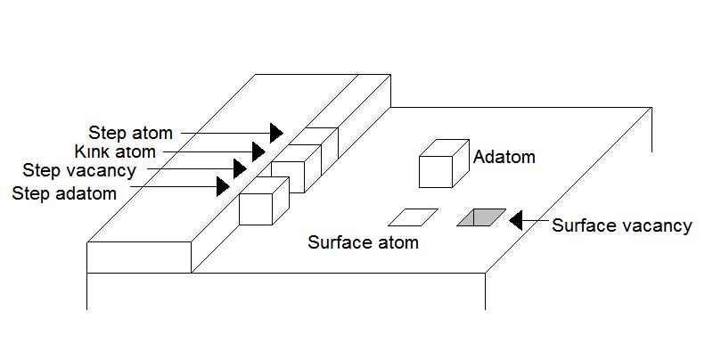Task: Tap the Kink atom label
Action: coord(115,152)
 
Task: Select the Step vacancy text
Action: coord(79,170)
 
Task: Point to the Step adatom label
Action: coord(64,193)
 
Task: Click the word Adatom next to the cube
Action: coord(504,158)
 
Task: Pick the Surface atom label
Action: coord(363,242)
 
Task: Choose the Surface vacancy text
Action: coord(621,225)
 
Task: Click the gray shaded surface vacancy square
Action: coord(481,217)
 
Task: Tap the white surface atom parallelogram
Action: coord(414,217)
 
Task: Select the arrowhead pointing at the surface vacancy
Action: coord(516,220)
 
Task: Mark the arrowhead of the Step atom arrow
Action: coord(276,133)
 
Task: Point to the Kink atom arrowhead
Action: coord(258,151)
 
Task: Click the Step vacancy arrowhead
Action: coord(240,168)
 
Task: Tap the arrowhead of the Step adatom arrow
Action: coord(222,186)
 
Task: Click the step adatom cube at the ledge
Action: coord(263,202)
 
